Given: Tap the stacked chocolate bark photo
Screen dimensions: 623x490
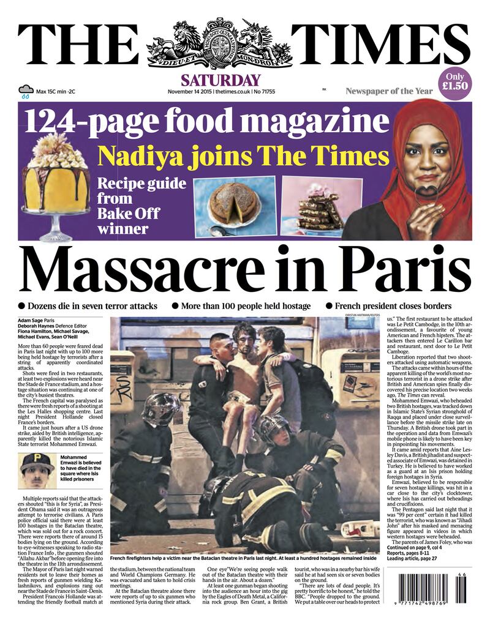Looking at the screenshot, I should (317, 208).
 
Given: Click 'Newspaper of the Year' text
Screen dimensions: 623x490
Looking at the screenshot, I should (389, 91).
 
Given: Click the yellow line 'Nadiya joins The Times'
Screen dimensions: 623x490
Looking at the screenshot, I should (243, 155).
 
